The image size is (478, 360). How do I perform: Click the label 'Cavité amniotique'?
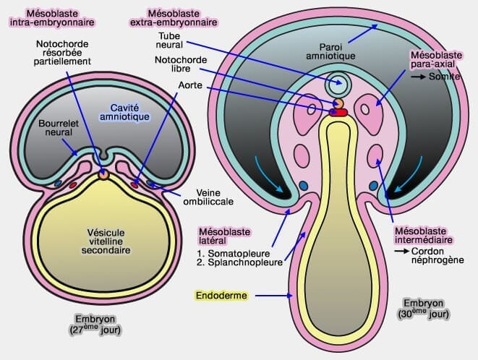point(124,112)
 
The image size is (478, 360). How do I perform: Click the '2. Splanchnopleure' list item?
point(236,262)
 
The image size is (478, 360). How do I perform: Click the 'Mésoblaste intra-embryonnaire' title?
point(53,17)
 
